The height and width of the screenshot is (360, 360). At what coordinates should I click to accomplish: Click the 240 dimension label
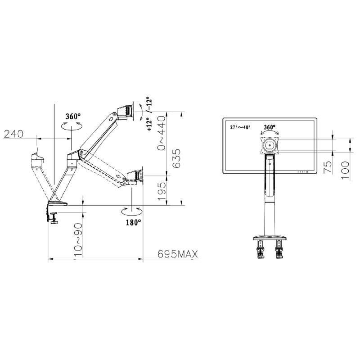[x=13, y=134]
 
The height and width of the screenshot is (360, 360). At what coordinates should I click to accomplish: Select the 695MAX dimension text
[x=178, y=254]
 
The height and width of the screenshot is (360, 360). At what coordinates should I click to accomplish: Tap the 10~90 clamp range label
[x=78, y=239]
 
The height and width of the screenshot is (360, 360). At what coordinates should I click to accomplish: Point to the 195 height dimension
[x=162, y=191]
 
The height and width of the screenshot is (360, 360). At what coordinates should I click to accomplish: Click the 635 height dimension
[x=176, y=158]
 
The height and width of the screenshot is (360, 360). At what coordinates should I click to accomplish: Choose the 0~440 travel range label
[x=161, y=133]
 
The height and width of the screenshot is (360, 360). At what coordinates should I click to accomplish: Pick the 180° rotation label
[x=133, y=222]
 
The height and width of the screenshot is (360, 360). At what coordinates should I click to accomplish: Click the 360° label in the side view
[x=73, y=117]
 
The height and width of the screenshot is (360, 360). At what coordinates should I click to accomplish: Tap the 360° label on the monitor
[x=270, y=127]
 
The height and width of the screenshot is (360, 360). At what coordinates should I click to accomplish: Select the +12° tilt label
[x=149, y=124]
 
